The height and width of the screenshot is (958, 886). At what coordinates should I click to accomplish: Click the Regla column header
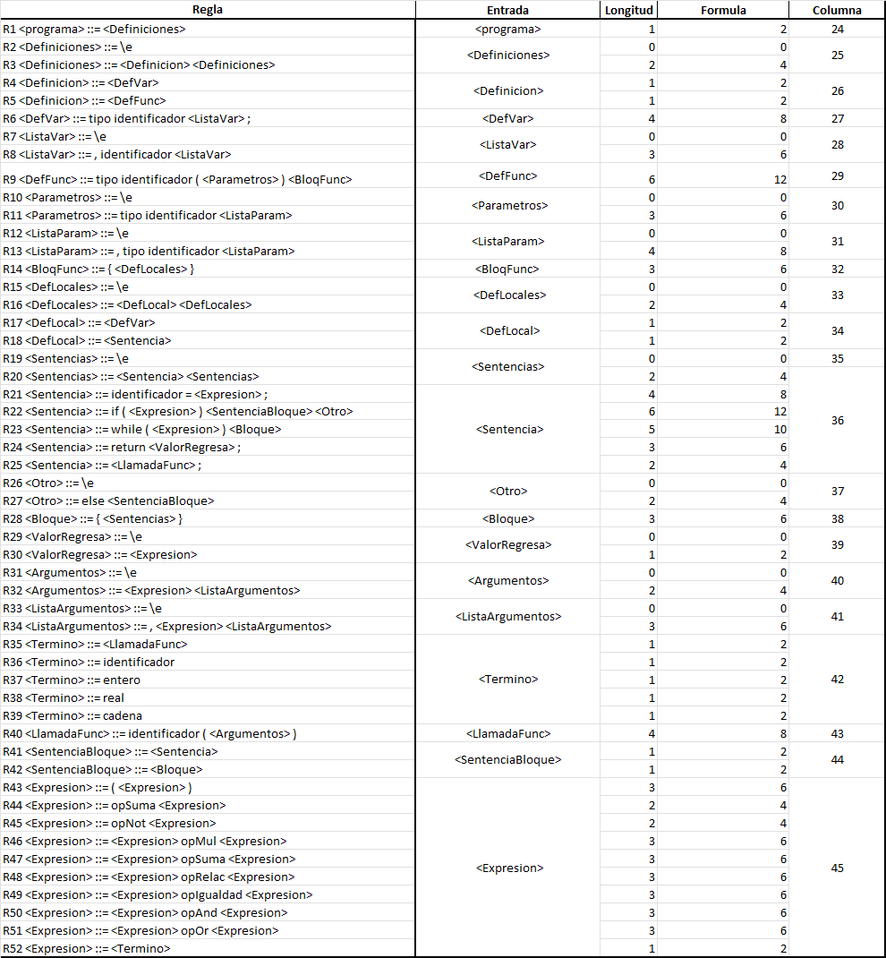click(x=208, y=11)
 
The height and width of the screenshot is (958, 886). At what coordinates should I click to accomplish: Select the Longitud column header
click(x=629, y=11)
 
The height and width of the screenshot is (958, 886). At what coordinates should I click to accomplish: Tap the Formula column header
click(x=723, y=11)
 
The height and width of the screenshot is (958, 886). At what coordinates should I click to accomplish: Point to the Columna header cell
click(x=837, y=11)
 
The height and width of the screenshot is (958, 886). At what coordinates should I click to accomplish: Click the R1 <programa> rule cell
click(x=94, y=30)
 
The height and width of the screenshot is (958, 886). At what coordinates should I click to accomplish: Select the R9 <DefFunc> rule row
click(x=177, y=179)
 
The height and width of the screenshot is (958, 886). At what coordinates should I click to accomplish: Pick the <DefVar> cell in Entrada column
click(x=507, y=118)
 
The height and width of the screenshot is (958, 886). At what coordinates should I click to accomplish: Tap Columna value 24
click(x=837, y=30)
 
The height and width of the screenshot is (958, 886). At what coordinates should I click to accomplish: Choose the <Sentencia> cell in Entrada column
click(x=507, y=429)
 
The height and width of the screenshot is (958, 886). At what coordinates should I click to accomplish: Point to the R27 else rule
click(x=108, y=500)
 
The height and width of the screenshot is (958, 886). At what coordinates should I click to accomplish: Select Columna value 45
click(x=837, y=868)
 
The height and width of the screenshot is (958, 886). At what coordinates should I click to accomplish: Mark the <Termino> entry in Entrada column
click(x=507, y=679)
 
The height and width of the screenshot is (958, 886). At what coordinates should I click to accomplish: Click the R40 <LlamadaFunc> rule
click(x=149, y=733)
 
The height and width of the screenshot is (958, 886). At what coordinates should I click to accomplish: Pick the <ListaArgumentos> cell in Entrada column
click(x=507, y=616)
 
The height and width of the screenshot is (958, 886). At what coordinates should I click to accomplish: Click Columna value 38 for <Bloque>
click(x=837, y=518)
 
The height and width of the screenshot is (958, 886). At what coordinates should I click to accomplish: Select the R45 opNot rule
click(x=109, y=823)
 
